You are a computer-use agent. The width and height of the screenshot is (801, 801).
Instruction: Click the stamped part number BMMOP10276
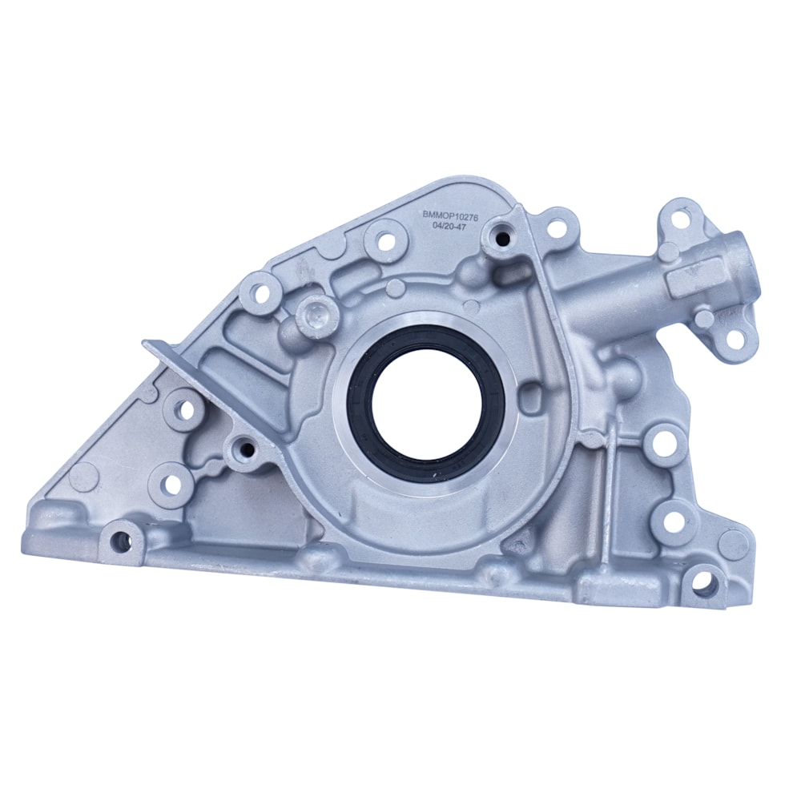click(x=449, y=215)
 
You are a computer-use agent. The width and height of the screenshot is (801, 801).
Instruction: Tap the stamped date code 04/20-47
click(x=449, y=227)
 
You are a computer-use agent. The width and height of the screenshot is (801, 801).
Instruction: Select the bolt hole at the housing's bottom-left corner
click(x=122, y=542)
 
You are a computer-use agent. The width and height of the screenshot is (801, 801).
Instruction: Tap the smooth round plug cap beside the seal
click(x=317, y=313)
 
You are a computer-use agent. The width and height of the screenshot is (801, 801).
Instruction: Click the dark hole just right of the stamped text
click(x=503, y=238)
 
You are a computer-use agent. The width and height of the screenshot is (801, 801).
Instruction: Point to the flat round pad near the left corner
click(x=83, y=476)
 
